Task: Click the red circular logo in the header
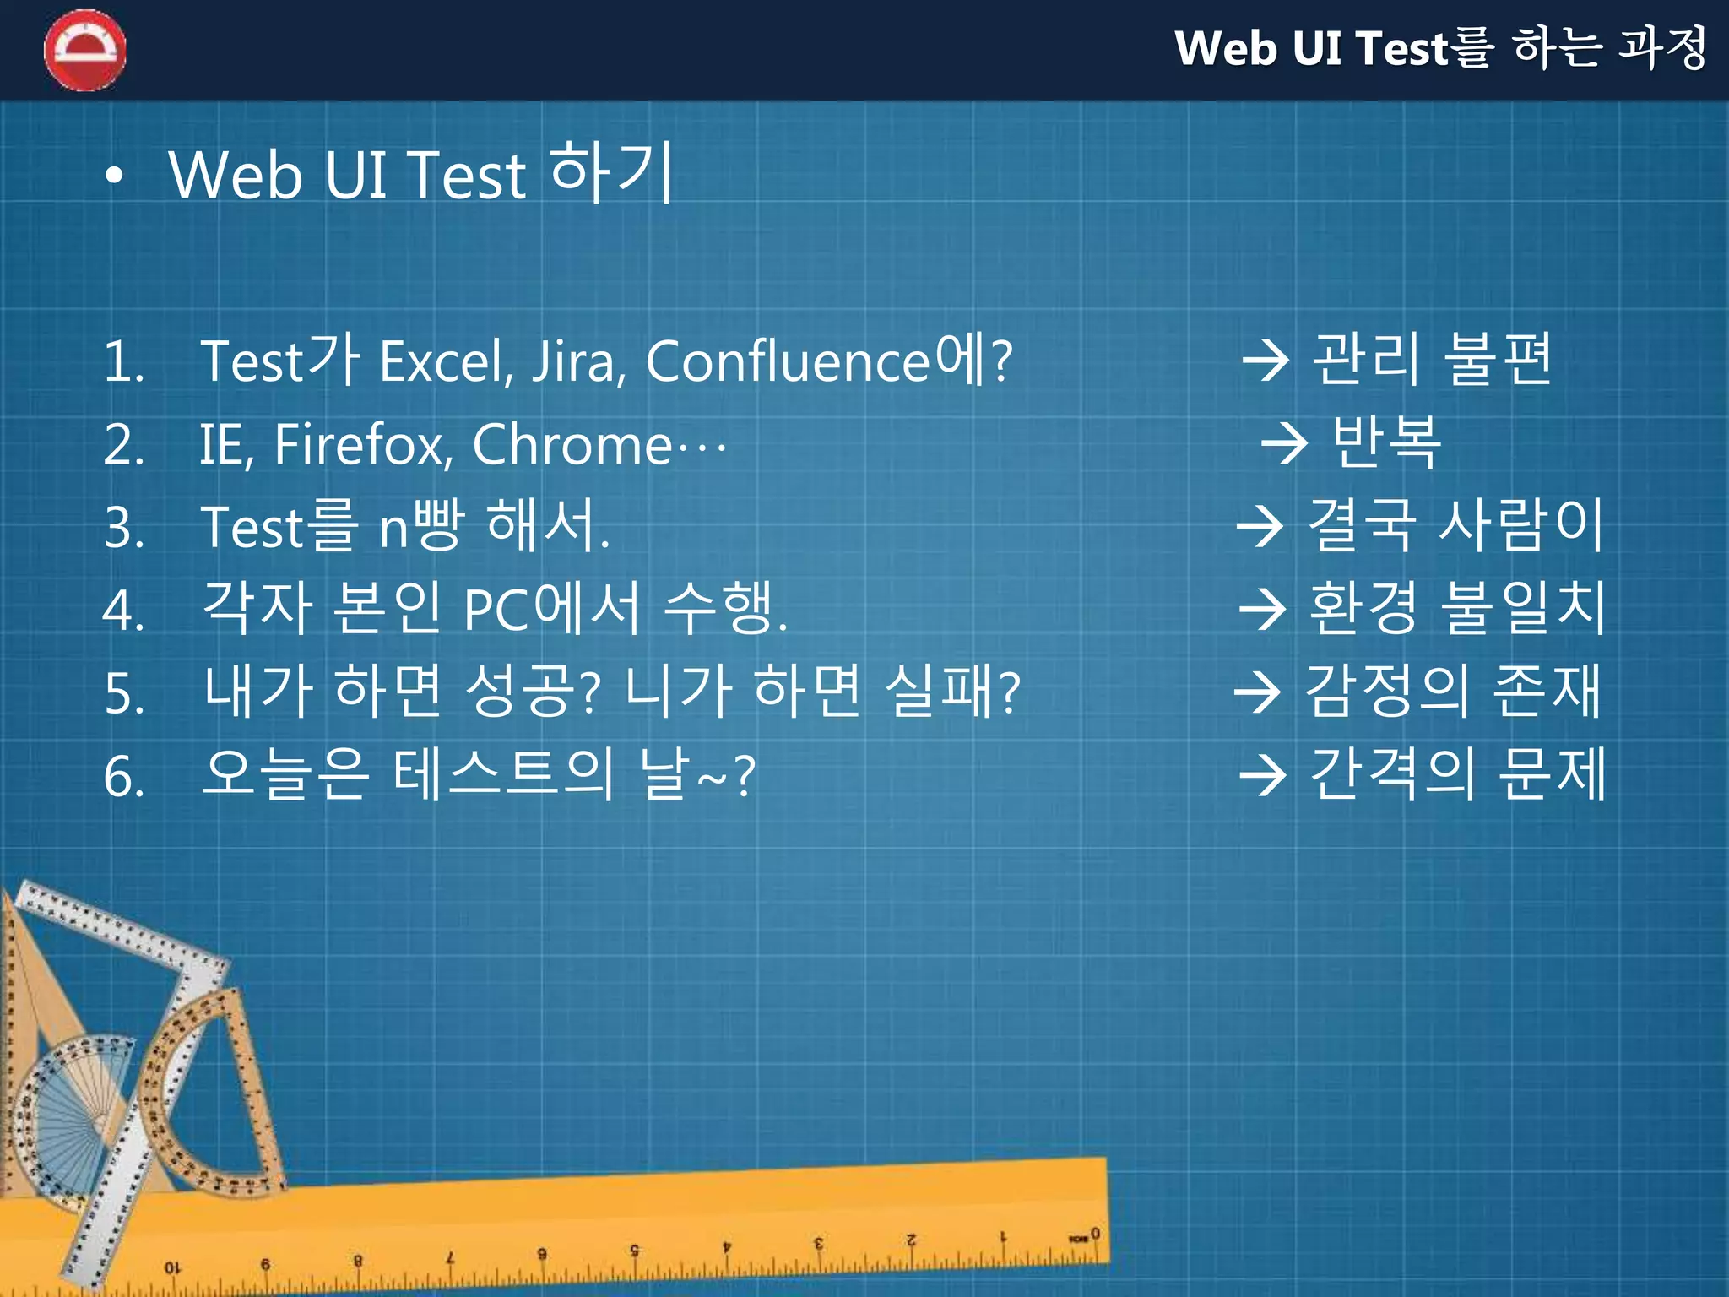(x=85, y=50)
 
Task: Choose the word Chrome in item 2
(x=572, y=445)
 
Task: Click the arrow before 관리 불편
(x=1266, y=361)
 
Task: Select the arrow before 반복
(x=1283, y=443)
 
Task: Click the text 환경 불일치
(x=1456, y=608)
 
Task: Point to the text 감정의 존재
(x=1452, y=691)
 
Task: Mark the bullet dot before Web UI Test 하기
(x=114, y=176)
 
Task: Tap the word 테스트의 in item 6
(x=504, y=775)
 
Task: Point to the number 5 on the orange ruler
(x=634, y=1250)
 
